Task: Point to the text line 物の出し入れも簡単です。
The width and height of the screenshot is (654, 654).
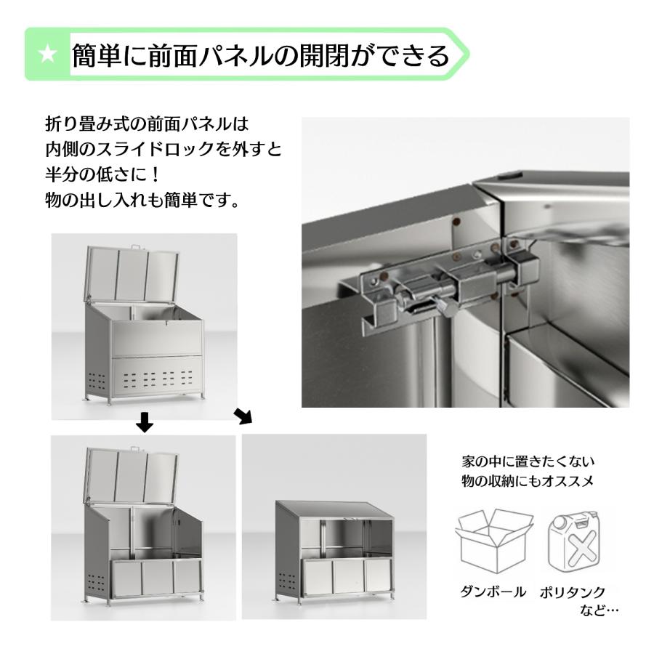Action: [142, 201]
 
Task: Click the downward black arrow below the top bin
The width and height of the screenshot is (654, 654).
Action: [145, 421]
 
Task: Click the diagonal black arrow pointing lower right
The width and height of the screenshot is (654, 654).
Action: [243, 416]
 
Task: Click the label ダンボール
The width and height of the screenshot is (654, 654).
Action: [493, 592]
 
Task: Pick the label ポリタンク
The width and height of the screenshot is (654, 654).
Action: [573, 592]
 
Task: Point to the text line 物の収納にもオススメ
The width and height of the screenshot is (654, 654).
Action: [522, 481]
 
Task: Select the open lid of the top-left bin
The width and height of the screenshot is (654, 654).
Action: [132, 274]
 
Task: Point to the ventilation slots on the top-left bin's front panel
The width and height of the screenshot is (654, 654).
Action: [156, 379]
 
